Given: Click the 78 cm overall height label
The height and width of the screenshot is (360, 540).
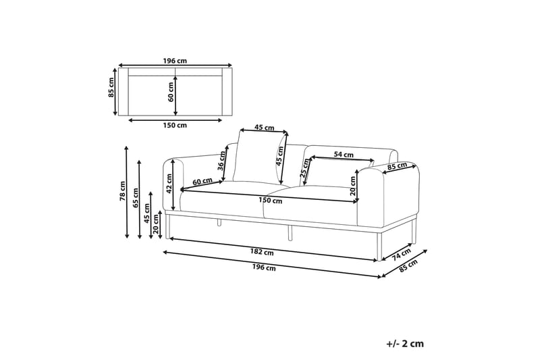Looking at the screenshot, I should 122,192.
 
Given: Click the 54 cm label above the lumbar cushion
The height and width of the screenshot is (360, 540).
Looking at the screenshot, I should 344,155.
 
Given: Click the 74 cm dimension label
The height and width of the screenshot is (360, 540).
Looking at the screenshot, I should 401,255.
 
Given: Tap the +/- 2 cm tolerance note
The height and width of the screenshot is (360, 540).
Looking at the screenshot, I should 405,343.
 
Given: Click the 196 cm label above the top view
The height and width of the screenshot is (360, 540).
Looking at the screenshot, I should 175,60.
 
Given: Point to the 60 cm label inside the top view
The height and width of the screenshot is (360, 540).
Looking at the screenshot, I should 171,95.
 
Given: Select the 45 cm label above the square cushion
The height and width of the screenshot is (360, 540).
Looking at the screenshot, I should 264,127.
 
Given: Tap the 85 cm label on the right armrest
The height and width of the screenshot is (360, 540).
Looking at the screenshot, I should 397,166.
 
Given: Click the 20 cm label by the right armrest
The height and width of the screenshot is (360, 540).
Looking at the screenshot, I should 354,186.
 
